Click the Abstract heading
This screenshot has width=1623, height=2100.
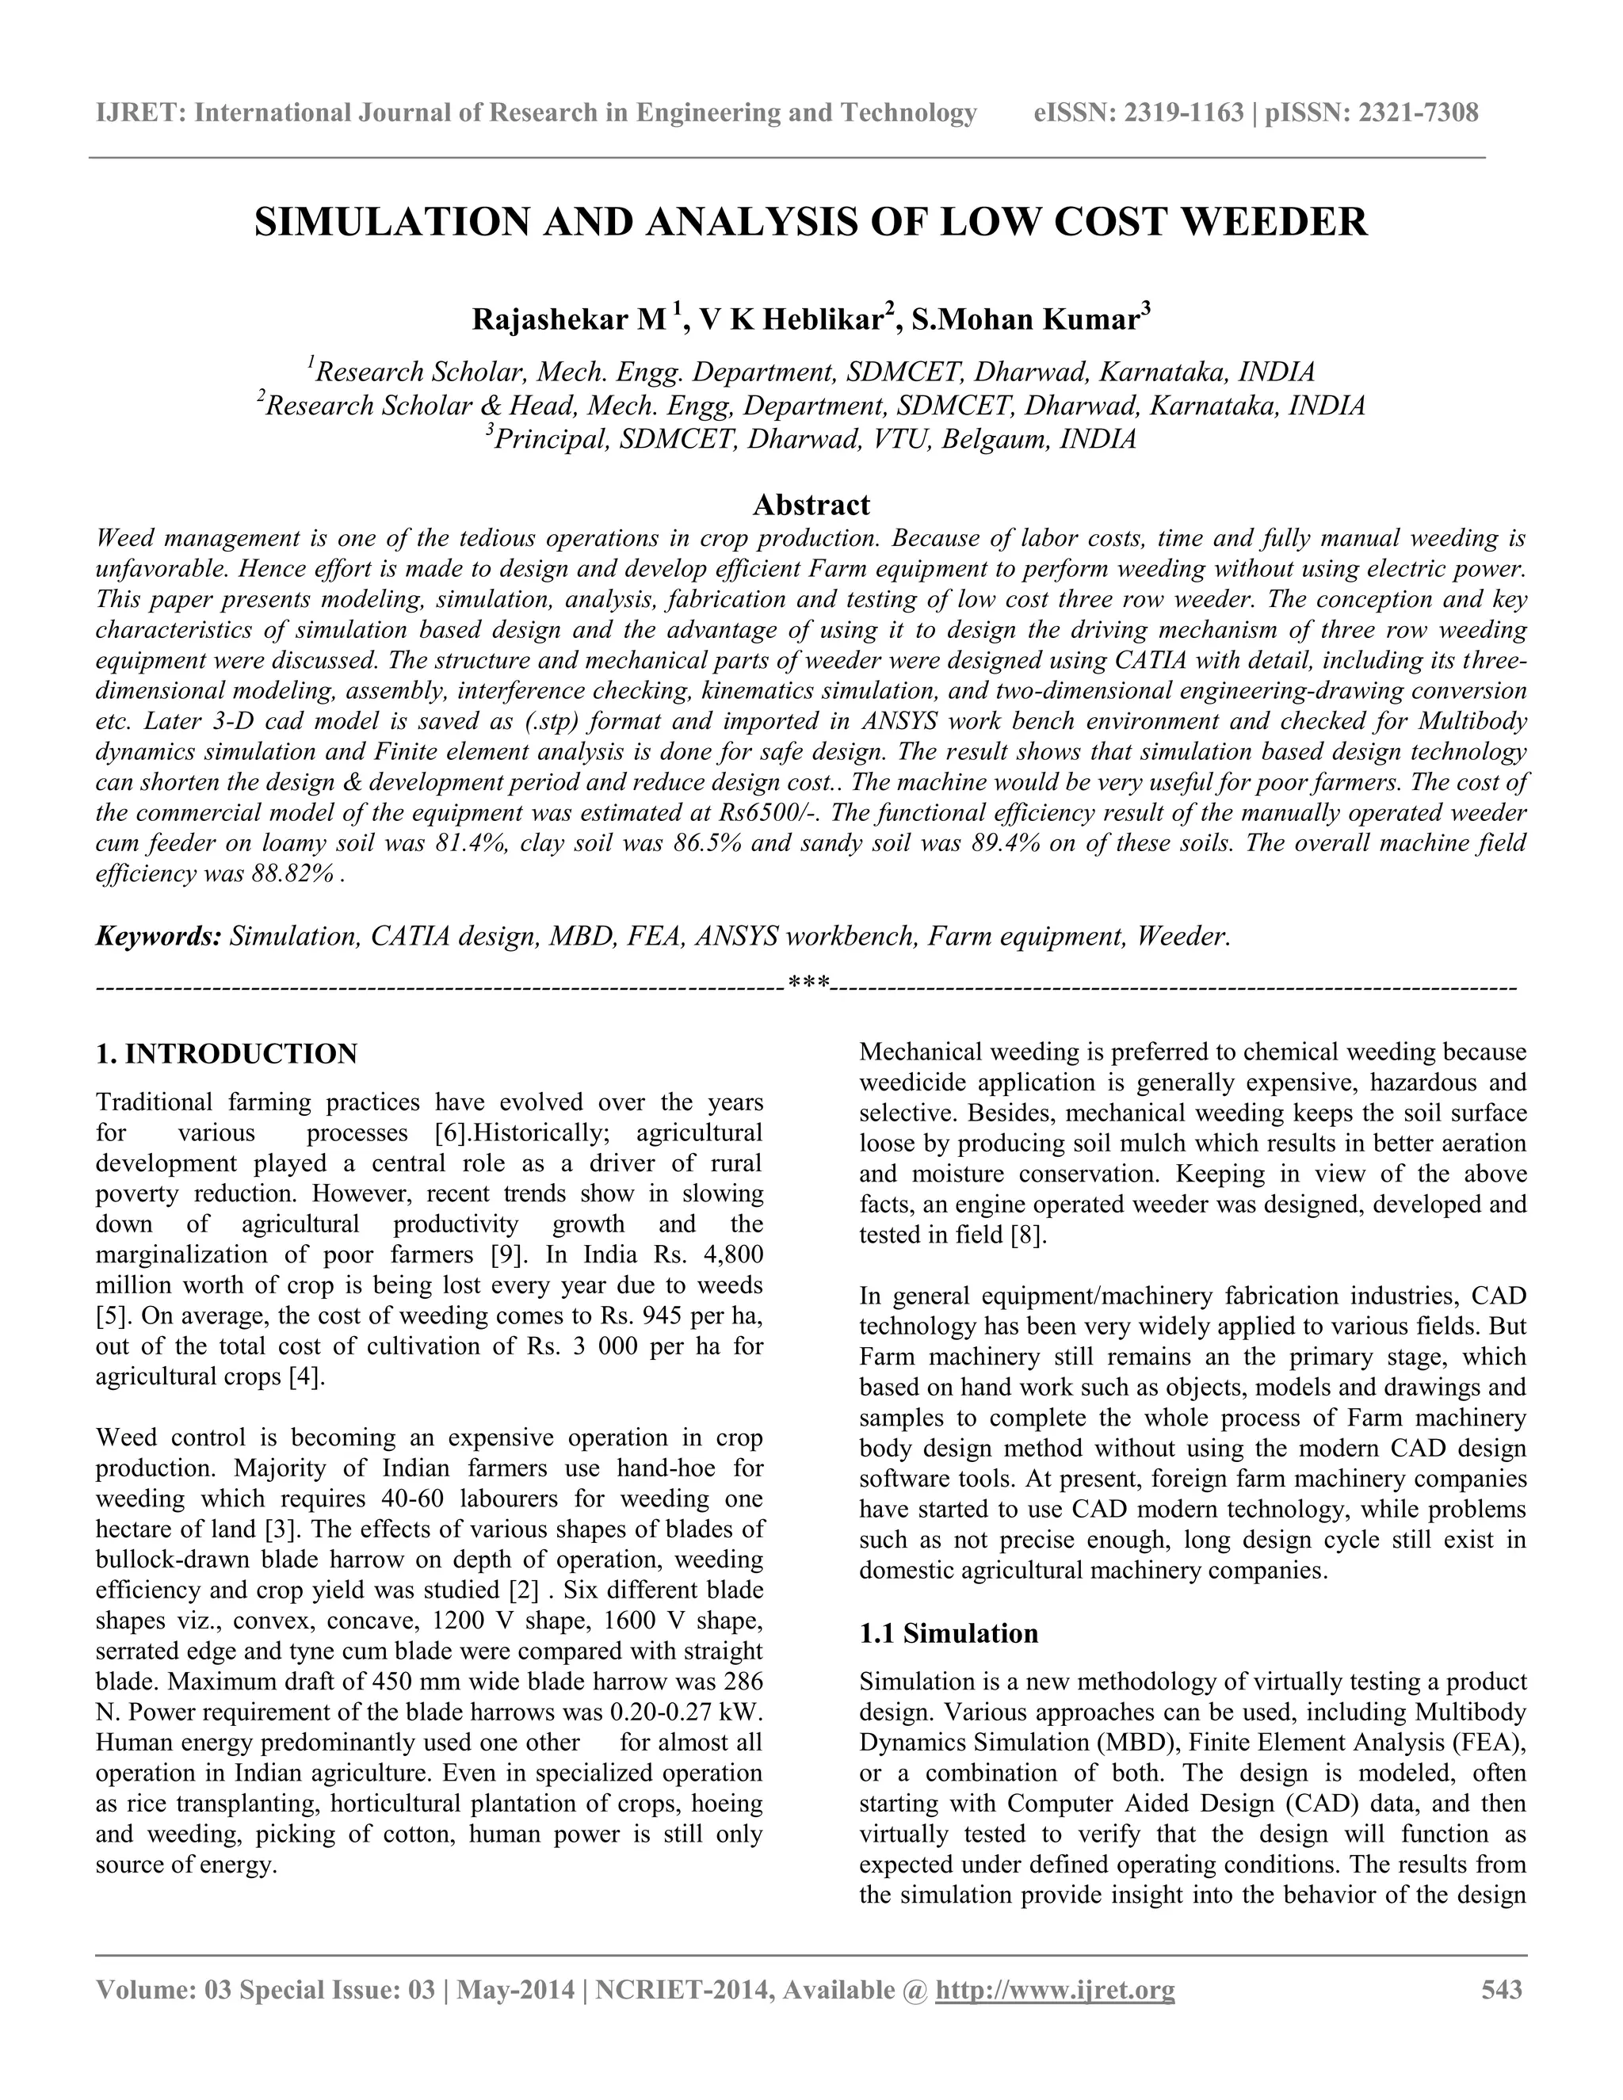click(x=811, y=505)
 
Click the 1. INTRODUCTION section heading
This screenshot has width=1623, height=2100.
click(x=226, y=1054)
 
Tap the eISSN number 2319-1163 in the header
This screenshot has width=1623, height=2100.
click(x=1185, y=113)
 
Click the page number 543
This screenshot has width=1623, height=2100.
click(x=1502, y=1989)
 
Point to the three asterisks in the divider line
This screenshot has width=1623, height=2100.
click(x=808, y=983)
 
